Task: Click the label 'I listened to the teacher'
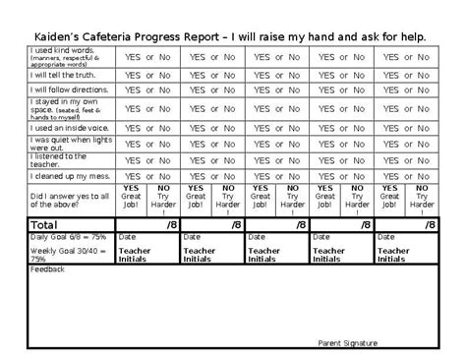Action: tap(59, 159)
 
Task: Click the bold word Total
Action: tap(44, 225)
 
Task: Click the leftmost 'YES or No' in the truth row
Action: tap(147, 74)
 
